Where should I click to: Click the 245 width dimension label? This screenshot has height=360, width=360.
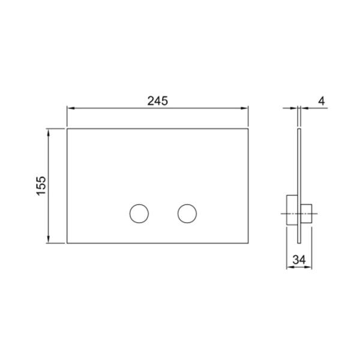tap(157, 101)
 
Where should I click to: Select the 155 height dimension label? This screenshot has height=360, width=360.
tap(41, 186)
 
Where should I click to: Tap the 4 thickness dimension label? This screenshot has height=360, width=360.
tap(322, 101)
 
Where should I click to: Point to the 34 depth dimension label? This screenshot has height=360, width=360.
tap(299, 260)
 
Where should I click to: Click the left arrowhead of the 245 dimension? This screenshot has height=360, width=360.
tap(70, 108)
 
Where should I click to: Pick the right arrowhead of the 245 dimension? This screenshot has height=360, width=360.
tap(245, 108)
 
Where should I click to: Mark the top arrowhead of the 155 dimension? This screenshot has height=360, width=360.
tap(48, 133)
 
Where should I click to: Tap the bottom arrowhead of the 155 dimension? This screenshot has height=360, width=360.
tap(48, 239)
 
